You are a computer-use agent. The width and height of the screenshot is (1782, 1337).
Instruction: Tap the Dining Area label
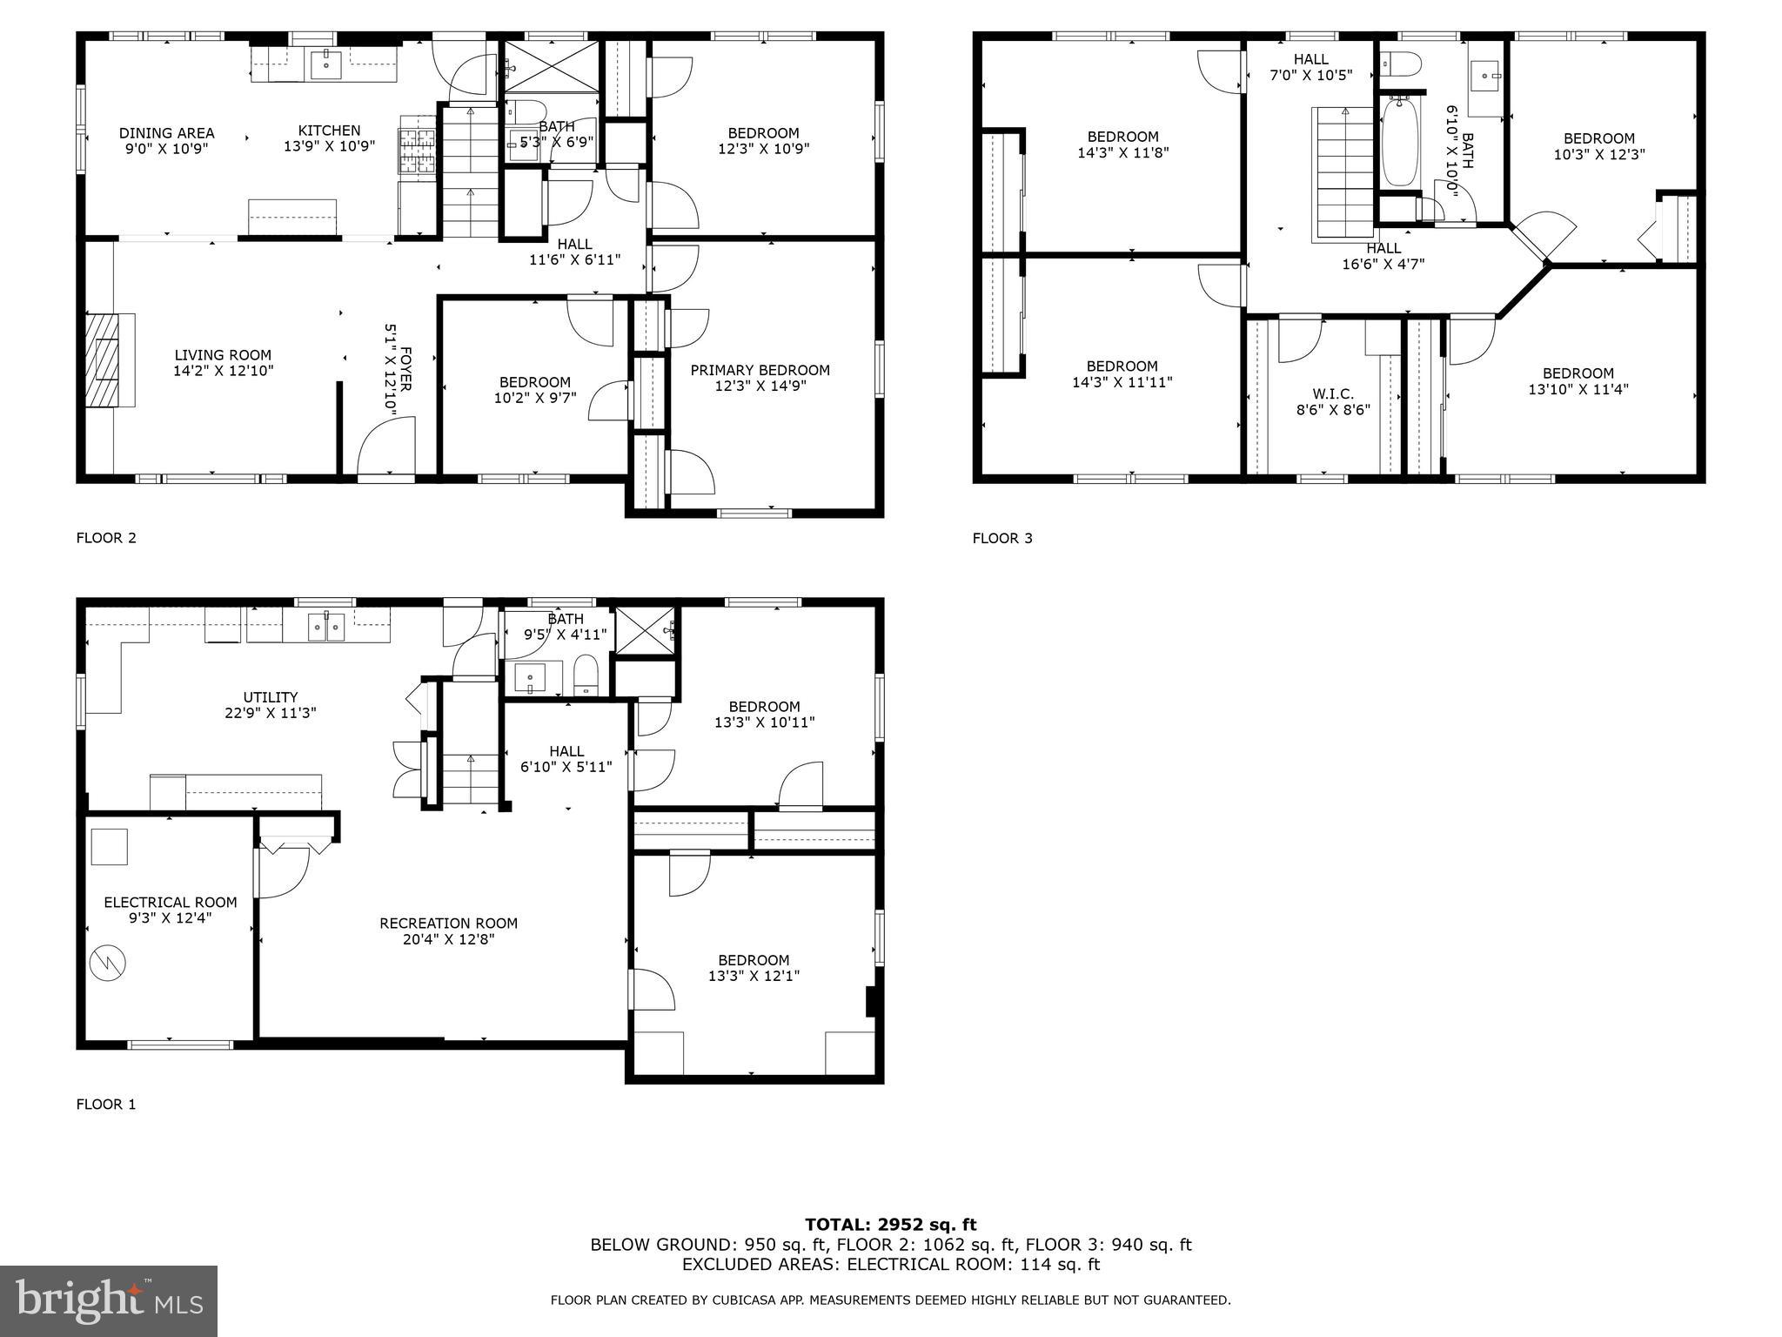pos(166,133)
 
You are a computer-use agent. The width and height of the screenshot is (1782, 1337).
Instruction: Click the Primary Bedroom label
pos(760,370)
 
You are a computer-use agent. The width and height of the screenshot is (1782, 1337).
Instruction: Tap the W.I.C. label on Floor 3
pos(1333,393)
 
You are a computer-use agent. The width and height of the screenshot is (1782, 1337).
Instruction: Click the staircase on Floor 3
pos(1343,174)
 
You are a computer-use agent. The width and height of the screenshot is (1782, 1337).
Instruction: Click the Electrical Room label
pos(171,902)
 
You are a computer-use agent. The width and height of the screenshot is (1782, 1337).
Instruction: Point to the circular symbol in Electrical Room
pos(108,962)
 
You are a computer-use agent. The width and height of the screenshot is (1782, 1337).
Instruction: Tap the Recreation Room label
pos(448,923)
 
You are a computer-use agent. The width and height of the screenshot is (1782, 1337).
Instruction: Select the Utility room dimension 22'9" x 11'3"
pos(270,713)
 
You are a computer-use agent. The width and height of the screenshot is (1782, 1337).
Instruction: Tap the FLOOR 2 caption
pos(106,538)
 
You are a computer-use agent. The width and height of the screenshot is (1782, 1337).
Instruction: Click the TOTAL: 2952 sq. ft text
pos(890,1225)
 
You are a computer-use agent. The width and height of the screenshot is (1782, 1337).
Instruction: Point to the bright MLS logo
pos(109,1300)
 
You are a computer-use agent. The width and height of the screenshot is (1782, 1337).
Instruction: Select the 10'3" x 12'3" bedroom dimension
pos(1598,155)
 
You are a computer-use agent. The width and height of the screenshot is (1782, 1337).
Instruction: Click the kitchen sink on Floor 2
pos(327,64)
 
